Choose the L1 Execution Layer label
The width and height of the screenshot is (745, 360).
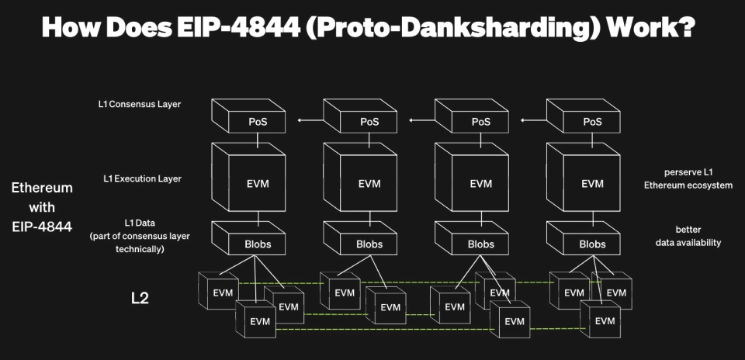pos(142,178)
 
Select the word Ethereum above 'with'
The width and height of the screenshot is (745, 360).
pos(42,188)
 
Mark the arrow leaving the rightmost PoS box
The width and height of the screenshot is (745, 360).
pos(532,120)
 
